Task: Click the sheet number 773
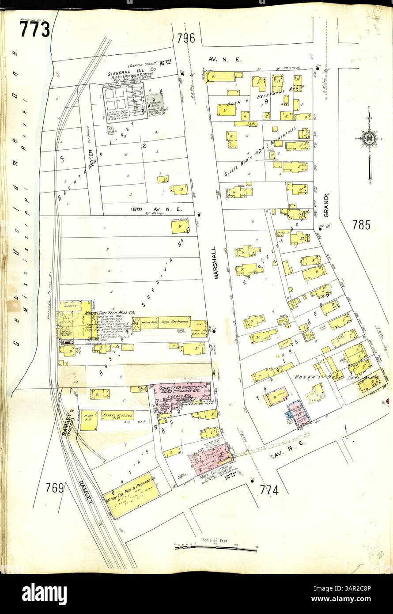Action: coord(34,30)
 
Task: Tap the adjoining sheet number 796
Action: coord(185,38)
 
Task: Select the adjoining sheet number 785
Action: coord(361,225)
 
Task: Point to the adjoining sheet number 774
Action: coord(269,489)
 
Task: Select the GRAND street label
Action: coord(327,205)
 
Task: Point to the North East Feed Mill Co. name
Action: coord(110,312)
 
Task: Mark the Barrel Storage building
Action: coord(117,416)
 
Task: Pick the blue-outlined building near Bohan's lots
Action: coord(299,413)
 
